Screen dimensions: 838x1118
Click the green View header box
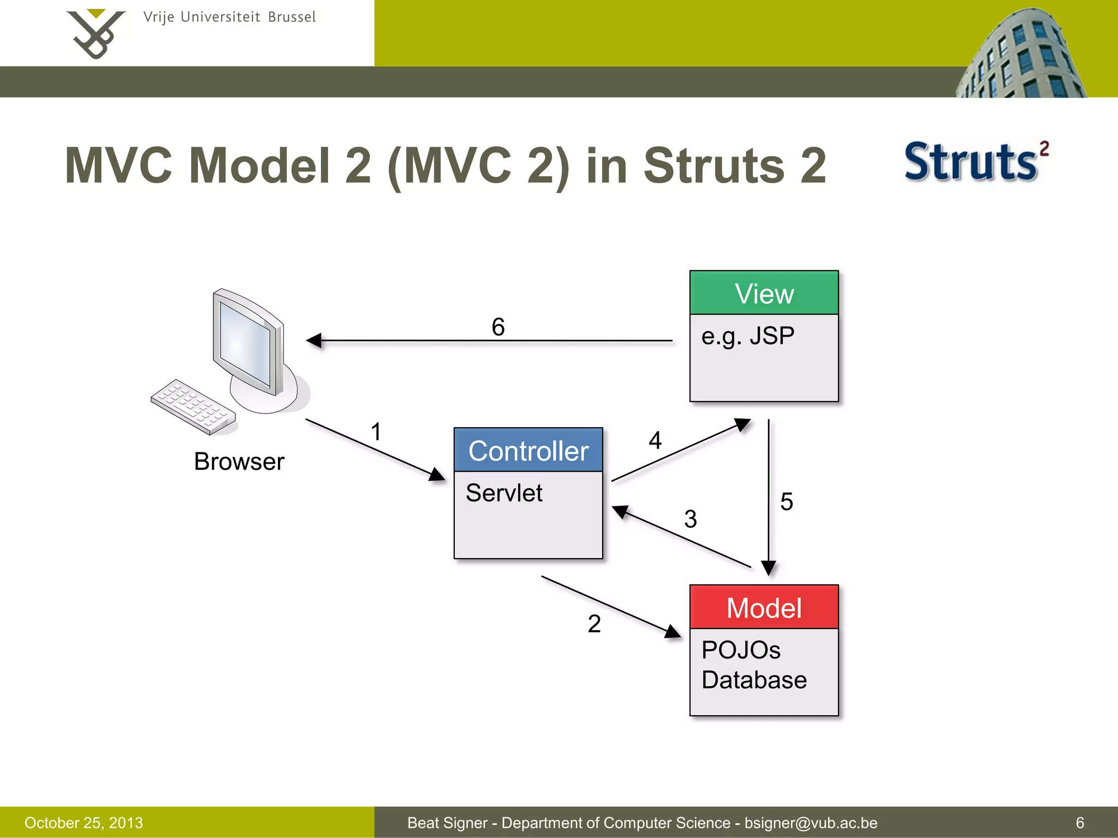coord(764,293)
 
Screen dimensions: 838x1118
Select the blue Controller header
coord(528,450)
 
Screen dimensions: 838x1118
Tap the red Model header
coord(764,607)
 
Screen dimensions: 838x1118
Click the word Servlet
coord(504,493)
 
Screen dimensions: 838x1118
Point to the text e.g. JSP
coord(747,336)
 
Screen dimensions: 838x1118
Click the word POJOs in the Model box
coord(741,650)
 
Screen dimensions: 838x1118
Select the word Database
coord(754,680)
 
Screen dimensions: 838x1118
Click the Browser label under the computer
coord(239,462)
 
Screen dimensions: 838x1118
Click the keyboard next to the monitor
coord(193,406)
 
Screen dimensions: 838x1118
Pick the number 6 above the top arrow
coord(498,327)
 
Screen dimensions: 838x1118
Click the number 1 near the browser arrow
coord(376,432)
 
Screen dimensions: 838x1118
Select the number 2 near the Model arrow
coord(594,624)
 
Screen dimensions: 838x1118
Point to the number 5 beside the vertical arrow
coord(786,501)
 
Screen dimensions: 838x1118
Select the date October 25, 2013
coord(84,823)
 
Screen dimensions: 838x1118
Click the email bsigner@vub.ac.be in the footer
coord(811,823)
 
